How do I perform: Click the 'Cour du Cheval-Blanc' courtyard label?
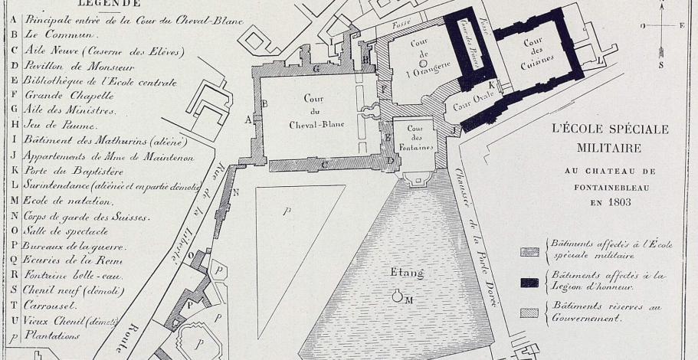(x=313, y=112)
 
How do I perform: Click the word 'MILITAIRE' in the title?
(x=610, y=146)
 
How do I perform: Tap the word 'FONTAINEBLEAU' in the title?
(x=610, y=186)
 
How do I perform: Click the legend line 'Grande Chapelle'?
(x=69, y=97)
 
